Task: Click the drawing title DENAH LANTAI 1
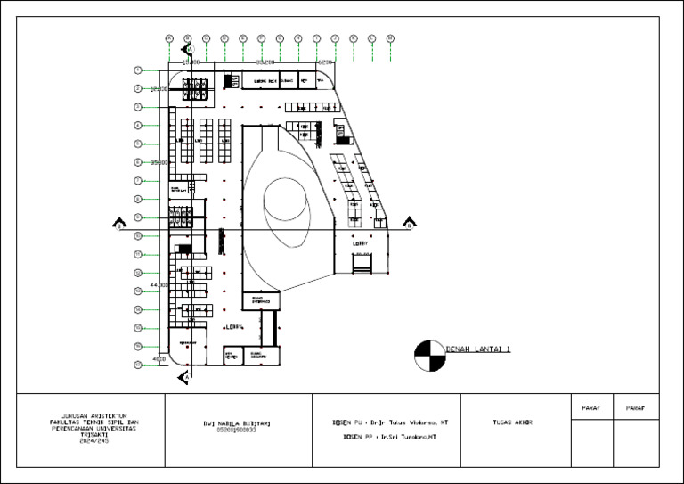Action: pyautogui.click(x=478, y=350)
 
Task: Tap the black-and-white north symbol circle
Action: pyautogui.click(x=429, y=355)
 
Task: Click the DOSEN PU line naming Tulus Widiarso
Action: pyautogui.click(x=389, y=422)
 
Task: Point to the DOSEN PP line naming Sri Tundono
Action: pyautogui.click(x=383, y=438)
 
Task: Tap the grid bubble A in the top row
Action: pyautogui.click(x=169, y=38)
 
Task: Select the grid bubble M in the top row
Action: pyautogui.click(x=390, y=38)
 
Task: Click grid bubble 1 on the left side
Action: pyautogui.click(x=138, y=70)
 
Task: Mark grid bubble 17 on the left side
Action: pyautogui.click(x=138, y=365)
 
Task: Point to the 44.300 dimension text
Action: pyautogui.click(x=159, y=284)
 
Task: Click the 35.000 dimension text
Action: pyautogui.click(x=159, y=162)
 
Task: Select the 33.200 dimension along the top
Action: pyautogui.click(x=264, y=62)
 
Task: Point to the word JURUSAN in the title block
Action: pyautogui.click(x=69, y=415)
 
